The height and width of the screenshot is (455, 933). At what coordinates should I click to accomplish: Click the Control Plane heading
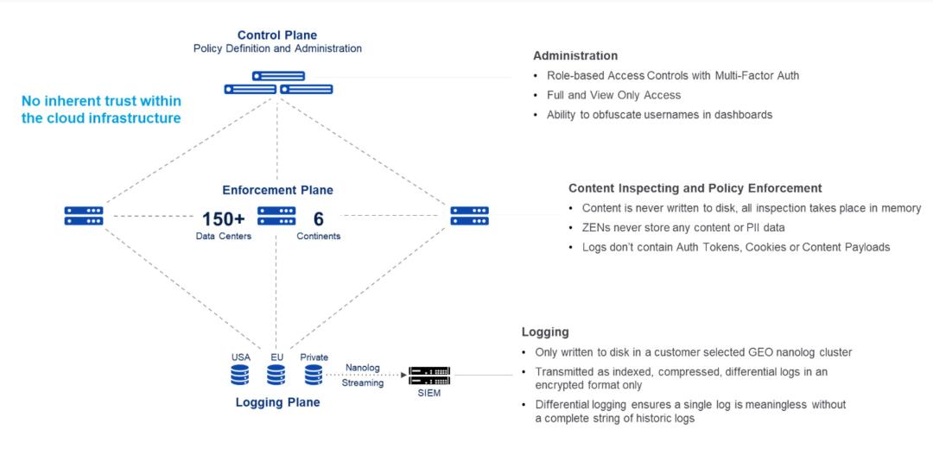[x=277, y=35]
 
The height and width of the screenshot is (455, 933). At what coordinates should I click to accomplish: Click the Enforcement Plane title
[x=277, y=190]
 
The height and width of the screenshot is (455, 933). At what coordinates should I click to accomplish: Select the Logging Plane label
[x=277, y=402]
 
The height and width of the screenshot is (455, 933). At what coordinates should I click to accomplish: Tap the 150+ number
[x=223, y=218]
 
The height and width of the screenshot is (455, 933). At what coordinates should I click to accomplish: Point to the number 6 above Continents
[x=318, y=218]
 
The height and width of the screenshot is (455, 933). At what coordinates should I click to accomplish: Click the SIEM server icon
[x=429, y=376]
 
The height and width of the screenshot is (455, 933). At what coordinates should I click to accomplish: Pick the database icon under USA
[x=240, y=375]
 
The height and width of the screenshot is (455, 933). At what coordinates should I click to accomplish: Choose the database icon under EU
[x=276, y=375]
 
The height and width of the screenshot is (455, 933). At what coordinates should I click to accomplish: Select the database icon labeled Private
[x=314, y=375]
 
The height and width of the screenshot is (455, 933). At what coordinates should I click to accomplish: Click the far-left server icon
[x=84, y=216]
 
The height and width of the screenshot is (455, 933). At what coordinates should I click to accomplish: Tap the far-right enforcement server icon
[x=469, y=216]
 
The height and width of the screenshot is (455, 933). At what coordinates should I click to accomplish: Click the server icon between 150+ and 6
[x=276, y=216]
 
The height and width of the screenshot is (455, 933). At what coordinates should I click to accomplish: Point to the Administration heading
[x=574, y=56]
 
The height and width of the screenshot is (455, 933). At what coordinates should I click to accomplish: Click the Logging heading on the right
[x=545, y=332]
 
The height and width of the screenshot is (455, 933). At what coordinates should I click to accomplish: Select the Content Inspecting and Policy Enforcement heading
[x=695, y=188]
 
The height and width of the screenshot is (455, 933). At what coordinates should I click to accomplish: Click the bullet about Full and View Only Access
[x=613, y=95]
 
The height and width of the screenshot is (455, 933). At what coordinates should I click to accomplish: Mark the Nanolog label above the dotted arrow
[x=362, y=367]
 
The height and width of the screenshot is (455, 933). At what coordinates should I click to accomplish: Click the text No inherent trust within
[x=100, y=101]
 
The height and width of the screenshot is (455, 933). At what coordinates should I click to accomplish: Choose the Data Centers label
[x=223, y=236]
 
